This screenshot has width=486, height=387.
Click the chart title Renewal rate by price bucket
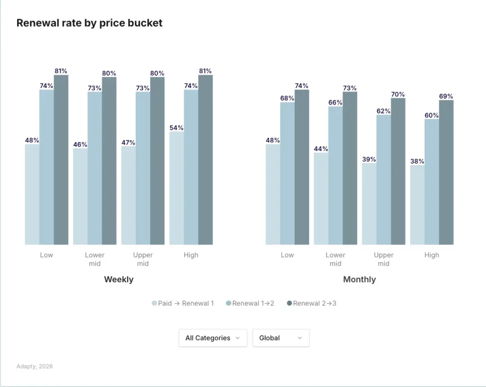[89, 23]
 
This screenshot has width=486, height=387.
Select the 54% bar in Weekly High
[177, 188]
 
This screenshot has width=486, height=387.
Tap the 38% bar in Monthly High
[417, 205]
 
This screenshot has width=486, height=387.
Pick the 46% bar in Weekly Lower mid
[80, 196]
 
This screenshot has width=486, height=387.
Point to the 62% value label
[383, 111]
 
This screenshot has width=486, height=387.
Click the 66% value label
[336, 103]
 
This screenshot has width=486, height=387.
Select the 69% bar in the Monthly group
[446, 172]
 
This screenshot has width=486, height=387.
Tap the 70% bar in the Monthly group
[398, 171]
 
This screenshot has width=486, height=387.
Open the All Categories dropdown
[213, 338]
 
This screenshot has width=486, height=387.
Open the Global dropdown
[280, 338]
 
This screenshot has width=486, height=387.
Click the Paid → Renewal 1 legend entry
[183, 303]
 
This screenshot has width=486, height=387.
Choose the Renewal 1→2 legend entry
[250, 303]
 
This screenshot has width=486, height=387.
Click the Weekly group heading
[119, 280]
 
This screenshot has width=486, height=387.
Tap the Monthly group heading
[359, 280]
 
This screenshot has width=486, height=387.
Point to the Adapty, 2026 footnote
[35, 367]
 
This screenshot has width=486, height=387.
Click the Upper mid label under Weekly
[143, 259]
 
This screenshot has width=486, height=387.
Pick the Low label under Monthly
[287, 255]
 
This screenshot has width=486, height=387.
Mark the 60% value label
[431, 115]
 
